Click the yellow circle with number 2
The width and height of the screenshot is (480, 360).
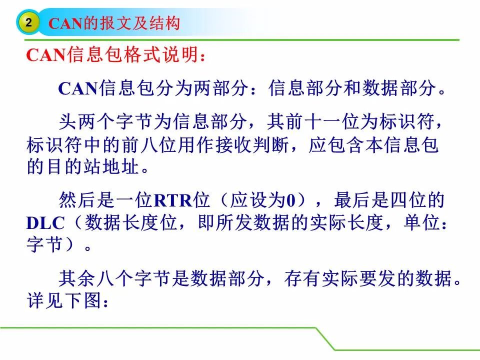tap(28, 22)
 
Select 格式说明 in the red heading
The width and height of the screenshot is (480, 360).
tap(160, 55)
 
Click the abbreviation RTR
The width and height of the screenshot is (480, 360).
tap(172, 200)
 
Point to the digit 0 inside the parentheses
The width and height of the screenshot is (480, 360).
tap(290, 200)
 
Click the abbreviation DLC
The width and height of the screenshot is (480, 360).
tap(45, 223)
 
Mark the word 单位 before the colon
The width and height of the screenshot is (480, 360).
tap(422, 222)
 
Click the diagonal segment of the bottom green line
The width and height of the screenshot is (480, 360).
tap(325, 339)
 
